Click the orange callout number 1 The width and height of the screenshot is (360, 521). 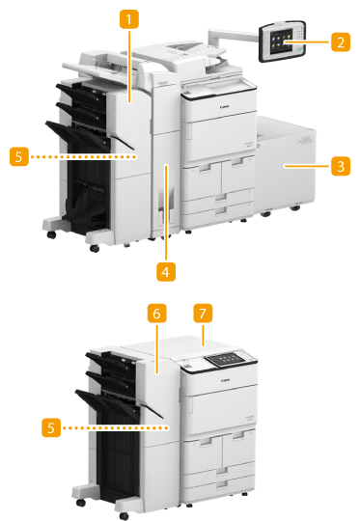coord(129,19)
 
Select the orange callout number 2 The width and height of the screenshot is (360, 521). coord(341,42)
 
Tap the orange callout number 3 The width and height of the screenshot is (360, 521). coord(341,166)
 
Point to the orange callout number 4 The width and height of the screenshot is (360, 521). coord(166,272)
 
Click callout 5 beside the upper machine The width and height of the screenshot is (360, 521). coord(19,156)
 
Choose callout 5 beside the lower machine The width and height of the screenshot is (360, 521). coord(51,427)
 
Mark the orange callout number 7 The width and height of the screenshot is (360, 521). coord(203,314)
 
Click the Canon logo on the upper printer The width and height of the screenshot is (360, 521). coord(224,107)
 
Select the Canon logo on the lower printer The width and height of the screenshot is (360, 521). coord(226,380)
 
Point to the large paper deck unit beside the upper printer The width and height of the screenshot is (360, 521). coord(285,164)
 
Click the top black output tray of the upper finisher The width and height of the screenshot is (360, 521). coord(81,92)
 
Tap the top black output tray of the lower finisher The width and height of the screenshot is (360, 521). coord(111,361)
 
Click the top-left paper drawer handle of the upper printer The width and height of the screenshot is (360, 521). coord(204,169)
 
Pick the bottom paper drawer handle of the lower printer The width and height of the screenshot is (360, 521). coord(222,483)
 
